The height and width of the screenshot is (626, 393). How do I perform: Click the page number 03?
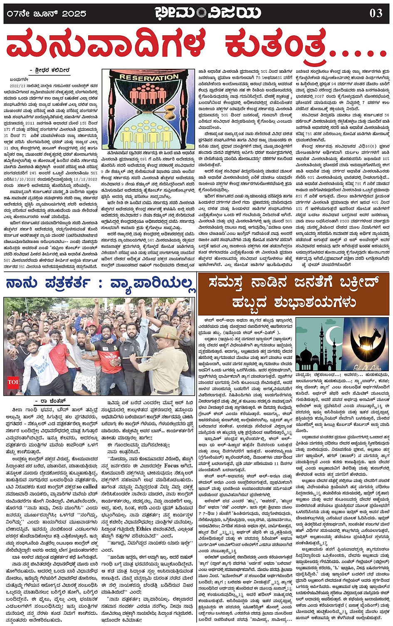pyautogui.click(x=376, y=13)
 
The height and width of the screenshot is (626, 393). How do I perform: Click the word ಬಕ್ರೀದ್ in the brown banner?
pyautogui.click(x=356, y=283)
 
